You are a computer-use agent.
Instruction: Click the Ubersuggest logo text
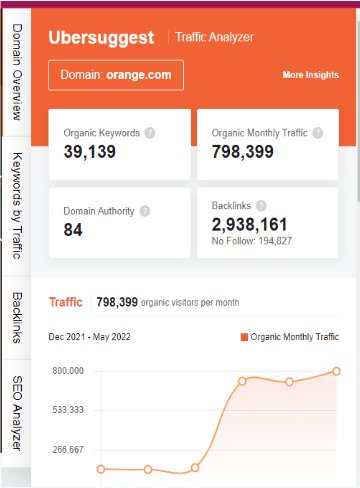point(101,38)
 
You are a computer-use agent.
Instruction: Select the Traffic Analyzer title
point(214,38)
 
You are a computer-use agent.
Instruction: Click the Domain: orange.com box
point(116,75)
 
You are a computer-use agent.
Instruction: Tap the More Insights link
point(310,75)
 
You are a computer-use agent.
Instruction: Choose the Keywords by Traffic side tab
point(16,206)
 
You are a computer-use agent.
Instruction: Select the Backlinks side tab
point(16,317)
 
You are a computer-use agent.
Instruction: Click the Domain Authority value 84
point(73,230)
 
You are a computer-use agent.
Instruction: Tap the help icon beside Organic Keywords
point(149,132)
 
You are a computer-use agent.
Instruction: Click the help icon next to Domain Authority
point(145,211)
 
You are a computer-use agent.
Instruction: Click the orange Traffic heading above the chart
point(66,302)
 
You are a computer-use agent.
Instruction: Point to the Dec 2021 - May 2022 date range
point(94,338)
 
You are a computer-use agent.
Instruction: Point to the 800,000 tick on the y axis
point(68,371)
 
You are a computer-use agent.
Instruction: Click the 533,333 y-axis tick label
point(68,410)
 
